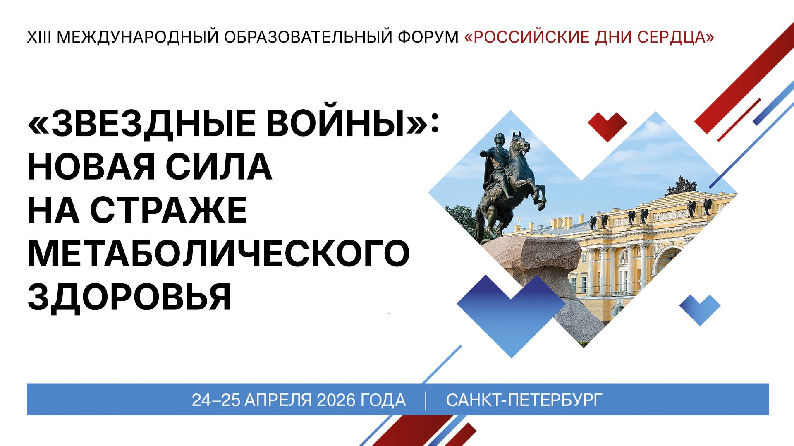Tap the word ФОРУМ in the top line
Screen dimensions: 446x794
428,37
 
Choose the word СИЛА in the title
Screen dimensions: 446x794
219,167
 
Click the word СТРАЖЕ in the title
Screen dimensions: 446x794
168,210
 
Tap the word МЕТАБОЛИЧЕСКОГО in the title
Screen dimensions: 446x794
218,253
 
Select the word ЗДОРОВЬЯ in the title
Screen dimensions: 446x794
129,297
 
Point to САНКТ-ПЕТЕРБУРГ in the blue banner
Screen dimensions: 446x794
524,400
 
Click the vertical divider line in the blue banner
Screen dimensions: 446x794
426,400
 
